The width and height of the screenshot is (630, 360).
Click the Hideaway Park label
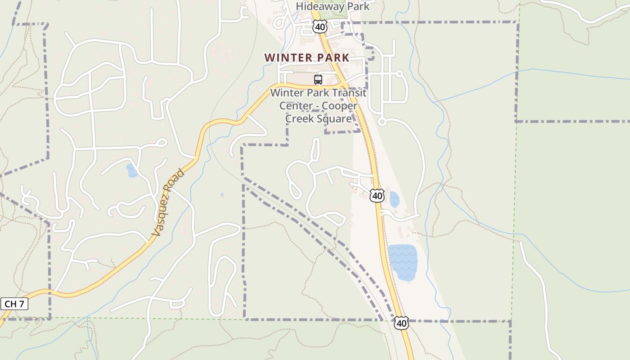pyautogui.click(x=333, y=6)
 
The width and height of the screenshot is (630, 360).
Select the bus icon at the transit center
pyautogui.click(x=318, y=80)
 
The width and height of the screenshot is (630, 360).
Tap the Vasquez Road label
pyautogui.click(x=168, y=202)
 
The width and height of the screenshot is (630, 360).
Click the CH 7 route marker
pyautogui.click(x=15, y=304)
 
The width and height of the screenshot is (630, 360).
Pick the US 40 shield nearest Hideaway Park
pyautogui.click(x=319, y=27)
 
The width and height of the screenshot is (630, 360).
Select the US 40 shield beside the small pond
pyautogui.click(x=377, y=195)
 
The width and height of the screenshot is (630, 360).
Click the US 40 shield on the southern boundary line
pyautogui.click(x=401, y=323)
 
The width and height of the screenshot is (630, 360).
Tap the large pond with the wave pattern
pyautogui.click(x=403, y=262)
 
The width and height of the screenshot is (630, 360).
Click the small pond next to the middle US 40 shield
pyautogui.click(x=394, y=199)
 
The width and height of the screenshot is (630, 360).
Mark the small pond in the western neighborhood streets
pyautogui.click(x=131, y=171)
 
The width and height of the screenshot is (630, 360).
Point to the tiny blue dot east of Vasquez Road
pyautogui.click(x=222, y=195)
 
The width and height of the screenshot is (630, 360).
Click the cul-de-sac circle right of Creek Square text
pyautogui.click(x=382, y=121)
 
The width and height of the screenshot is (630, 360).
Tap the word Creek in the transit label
pyautogui.click(x=300, y=118)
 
